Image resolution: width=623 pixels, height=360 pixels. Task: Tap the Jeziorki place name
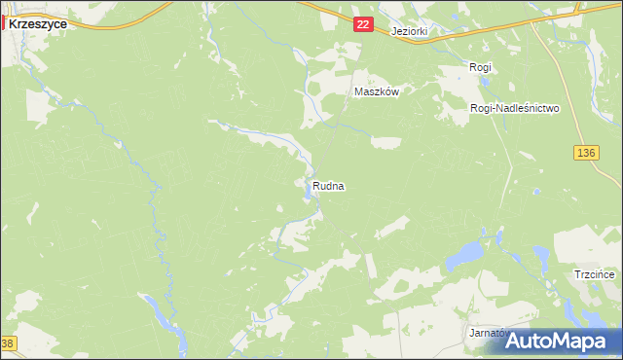(409, 31)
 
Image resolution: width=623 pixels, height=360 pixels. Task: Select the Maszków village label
(377, 91)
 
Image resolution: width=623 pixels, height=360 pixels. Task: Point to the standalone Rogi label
(480, 67)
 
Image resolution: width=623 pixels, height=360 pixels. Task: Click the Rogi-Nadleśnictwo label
(514, 109)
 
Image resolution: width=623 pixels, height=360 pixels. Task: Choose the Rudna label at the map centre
(329, 186)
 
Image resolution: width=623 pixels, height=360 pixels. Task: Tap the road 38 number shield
(8, 343)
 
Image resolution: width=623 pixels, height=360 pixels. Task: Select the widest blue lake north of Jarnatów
(463, 257)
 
